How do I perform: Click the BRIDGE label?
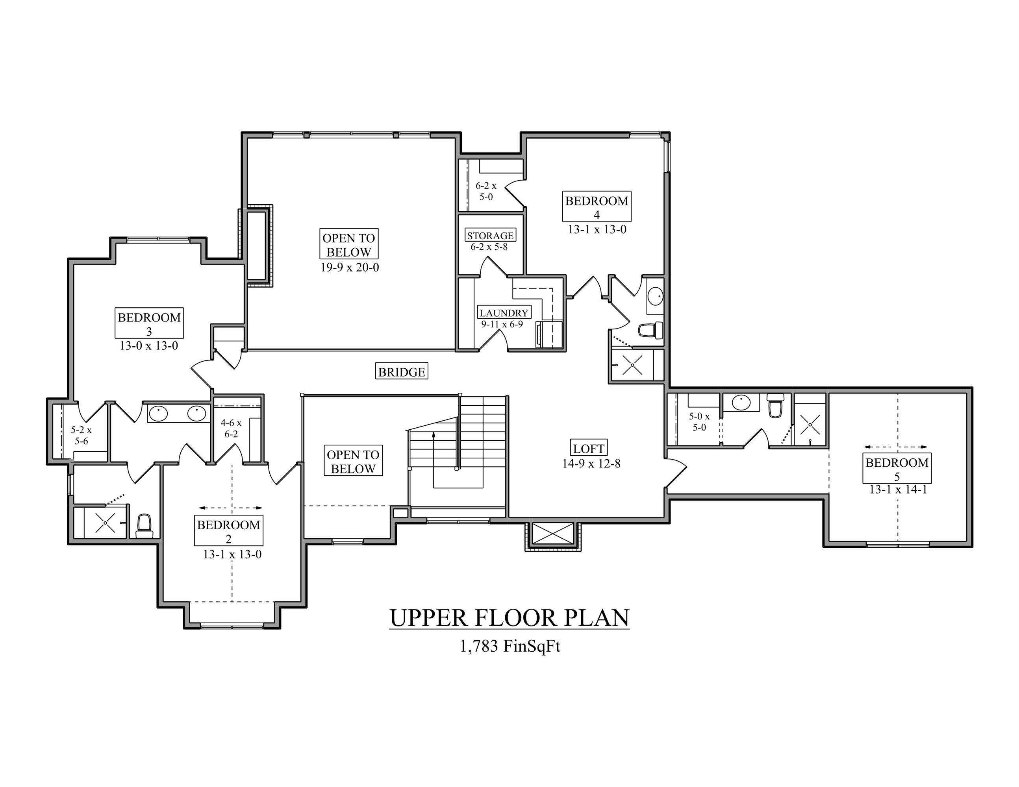point(401,371)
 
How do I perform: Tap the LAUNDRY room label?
point(504,313)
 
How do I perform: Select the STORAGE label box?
point(490,235)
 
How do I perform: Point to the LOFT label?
point(589,448)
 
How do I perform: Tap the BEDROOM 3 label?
point(149,323)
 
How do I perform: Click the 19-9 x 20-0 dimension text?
point(350,268)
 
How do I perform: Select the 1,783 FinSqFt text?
point(509,646)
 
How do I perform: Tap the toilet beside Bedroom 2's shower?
point(144,527)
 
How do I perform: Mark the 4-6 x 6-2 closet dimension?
point(231,429)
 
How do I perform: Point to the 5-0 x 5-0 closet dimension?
point(699,421)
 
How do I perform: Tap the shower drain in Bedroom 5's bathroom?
point(810,424)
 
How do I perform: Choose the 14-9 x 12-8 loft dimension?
point(591,464)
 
